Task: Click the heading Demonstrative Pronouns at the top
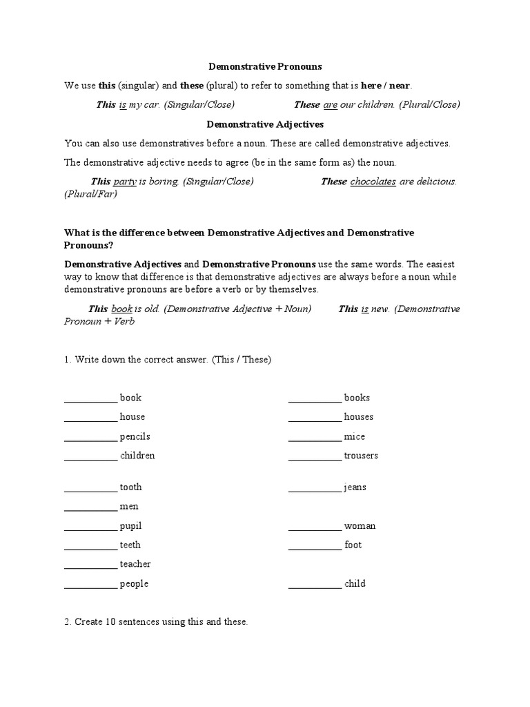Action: tap(266, 67)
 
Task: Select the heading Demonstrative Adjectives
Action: tap(266, 124)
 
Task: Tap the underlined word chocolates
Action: tap(373, 182)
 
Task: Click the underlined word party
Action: tap(124, 182)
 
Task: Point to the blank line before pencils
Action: tap(90, 437)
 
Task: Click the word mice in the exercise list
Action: tap(355, 437)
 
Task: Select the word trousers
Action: tap(361, 456)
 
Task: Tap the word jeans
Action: tap(355, 487)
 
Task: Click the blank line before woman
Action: tap(315, 526)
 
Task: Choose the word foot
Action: tap(353, 545)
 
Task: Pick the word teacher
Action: tap(135, 564)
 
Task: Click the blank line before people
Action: tap(90, 584)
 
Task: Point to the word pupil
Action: tap(130, 526)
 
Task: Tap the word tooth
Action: tap(130, 487)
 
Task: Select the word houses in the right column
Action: tap(359, 417)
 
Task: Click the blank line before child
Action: tap(315, 584)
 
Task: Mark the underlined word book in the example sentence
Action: tap(121, 309)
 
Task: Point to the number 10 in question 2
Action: tap(112, 622)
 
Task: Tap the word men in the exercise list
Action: tap(129, 507)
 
